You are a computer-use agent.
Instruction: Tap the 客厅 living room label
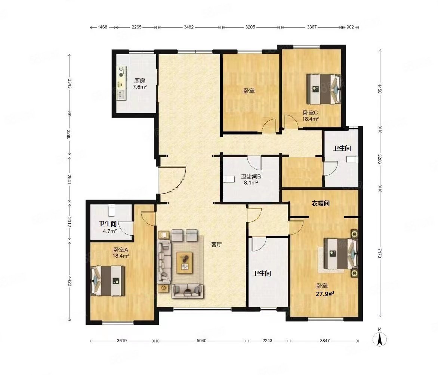click(x=216, y=245)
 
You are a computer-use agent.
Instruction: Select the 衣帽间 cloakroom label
click(x=320, y=203)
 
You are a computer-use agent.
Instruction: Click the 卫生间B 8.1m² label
click(x=251, y=180)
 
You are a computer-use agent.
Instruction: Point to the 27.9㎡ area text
click(x=325, y=294)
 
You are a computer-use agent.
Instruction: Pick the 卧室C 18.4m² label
click(x=311, y=115)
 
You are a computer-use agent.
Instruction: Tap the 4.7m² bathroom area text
click(x=110, y=231)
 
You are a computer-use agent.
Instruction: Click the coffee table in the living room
click(x=185, y=262)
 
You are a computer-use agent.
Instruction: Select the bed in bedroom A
click(x=108, y=281)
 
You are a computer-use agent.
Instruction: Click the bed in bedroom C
click(x=324, y=89)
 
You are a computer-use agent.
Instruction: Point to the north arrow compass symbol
click(x=380, y=339)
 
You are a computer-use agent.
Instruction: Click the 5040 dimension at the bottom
click(x=201, y=341)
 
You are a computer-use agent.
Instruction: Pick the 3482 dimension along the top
click(x=189, y=27)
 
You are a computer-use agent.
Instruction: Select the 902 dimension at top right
click(x=350, y=27)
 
